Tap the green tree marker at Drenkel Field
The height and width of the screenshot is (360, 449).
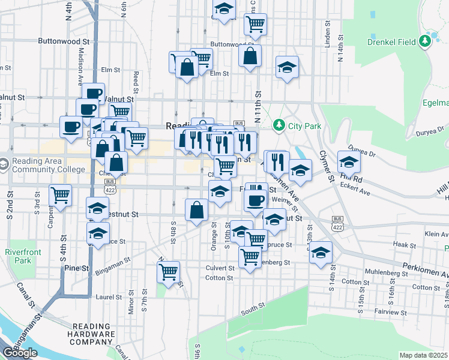[426, 41]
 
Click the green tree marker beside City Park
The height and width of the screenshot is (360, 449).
[278, 125]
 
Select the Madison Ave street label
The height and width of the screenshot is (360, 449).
[80, 67]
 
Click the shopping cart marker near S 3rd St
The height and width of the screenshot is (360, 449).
[61, 194]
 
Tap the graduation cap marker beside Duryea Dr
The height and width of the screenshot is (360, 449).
[349, 161]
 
